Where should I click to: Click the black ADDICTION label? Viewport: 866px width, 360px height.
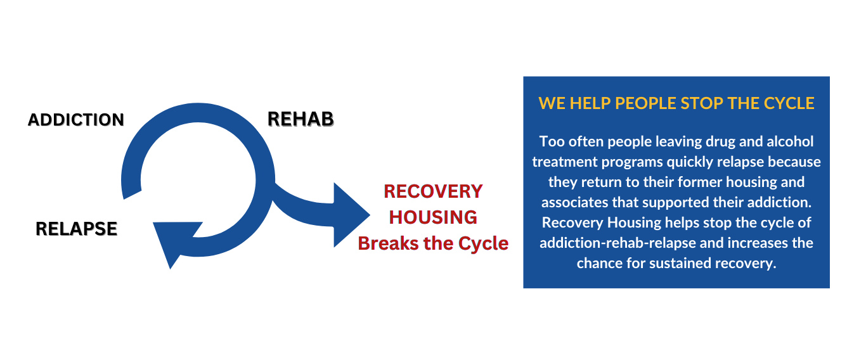tap(76, 120)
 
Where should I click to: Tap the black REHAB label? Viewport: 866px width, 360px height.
tap(301, 119)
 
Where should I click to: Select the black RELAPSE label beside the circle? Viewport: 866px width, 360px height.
tap(77, 228)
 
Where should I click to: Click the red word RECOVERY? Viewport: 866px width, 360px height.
tap(433, 191)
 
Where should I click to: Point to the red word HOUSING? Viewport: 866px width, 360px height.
tap(433, 217)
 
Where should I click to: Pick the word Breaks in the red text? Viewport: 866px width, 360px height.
tap(389, 243)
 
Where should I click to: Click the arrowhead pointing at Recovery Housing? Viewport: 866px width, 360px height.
tap(351, 215)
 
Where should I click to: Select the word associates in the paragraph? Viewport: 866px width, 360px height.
tap(573, 202)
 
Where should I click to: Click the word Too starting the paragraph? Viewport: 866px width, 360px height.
tap(550, 141)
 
